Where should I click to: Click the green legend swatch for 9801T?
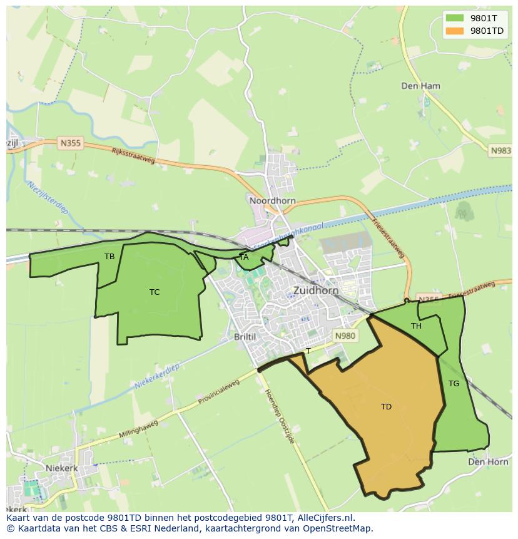coord(455,18)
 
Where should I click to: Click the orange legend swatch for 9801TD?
coord(455,31)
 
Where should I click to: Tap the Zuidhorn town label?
coord(316,290)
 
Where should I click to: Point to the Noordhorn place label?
coord(272,201)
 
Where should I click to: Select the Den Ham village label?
coord(420,86)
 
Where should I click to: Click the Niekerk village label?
coord(61,468)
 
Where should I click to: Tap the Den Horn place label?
coord(488,461)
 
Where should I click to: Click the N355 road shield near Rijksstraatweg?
coord(71,143)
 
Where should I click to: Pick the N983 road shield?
coord(500,151)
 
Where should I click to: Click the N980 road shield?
coord(345,336)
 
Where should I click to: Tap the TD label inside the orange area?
coord(386,407)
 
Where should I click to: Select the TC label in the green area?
coord(155,292)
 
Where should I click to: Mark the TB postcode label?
coord(109,257)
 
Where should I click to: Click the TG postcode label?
coord(454,384)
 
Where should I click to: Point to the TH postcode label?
coord(416,326)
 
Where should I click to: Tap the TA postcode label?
coord(244,257)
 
